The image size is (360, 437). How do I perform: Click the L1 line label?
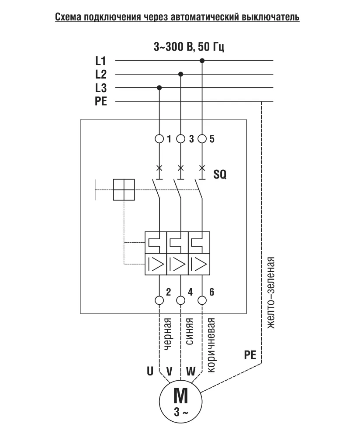click(x=101, y=61)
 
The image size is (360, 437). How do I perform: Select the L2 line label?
click(x=101, y=74)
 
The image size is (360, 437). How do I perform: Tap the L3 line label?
click(x=101, y=88)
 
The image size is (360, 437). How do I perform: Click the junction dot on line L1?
click(x=202, y=61)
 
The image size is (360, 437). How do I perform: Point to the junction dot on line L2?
click(x=181, y=74)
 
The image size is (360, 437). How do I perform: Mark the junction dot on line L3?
click(x=159, y=88)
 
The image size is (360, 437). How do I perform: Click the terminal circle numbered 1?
click(x=159, y=139)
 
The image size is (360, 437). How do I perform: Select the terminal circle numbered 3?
click(x=181, y=139)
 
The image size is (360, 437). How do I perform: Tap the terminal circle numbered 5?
click(x=202, y=139)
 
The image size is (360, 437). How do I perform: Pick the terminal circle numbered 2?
click(x=159, y=300)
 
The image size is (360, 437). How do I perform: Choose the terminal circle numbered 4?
click(x=181, y=300)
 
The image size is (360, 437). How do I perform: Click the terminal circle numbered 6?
click(x=202, y=300)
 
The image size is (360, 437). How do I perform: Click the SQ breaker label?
click(x=220, y=175)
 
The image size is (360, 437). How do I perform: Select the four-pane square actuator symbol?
click(x=124, y=190)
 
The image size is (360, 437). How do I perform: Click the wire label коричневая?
click(x=211, y=345)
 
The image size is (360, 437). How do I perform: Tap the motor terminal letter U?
click(x=150, y=372)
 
